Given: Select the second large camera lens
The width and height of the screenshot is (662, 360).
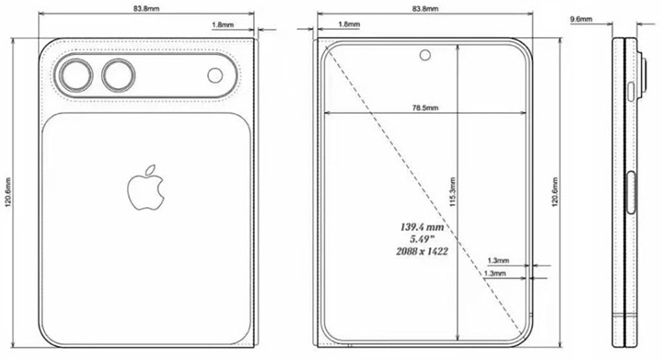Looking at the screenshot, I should pyautogui.click(x=118, y=75).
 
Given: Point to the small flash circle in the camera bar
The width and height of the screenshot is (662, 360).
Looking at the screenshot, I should pyautogui.click(x=216, y=75).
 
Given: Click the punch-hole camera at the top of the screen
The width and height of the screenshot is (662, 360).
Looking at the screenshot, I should pyautogui.click(x=424, y=55).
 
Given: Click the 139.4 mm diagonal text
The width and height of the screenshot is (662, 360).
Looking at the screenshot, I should pyautogui.click(x=421, y=227).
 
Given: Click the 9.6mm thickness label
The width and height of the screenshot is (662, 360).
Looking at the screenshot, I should pyautogui.click(x=581, y=20).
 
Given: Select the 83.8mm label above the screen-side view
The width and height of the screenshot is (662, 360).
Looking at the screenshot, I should pyautogui.click(x=424, y=9).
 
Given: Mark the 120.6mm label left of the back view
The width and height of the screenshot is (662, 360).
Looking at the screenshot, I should pyautogui.click(x=7, y=192).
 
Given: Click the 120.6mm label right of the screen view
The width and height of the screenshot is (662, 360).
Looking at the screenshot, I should pyautogui.click(x=554, y=192).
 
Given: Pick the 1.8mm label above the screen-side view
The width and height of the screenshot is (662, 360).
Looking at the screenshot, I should pyautogui.click(x=349, y=24).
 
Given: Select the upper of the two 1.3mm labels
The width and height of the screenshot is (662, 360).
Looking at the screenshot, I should pyautogui.click(x=497, y=261).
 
